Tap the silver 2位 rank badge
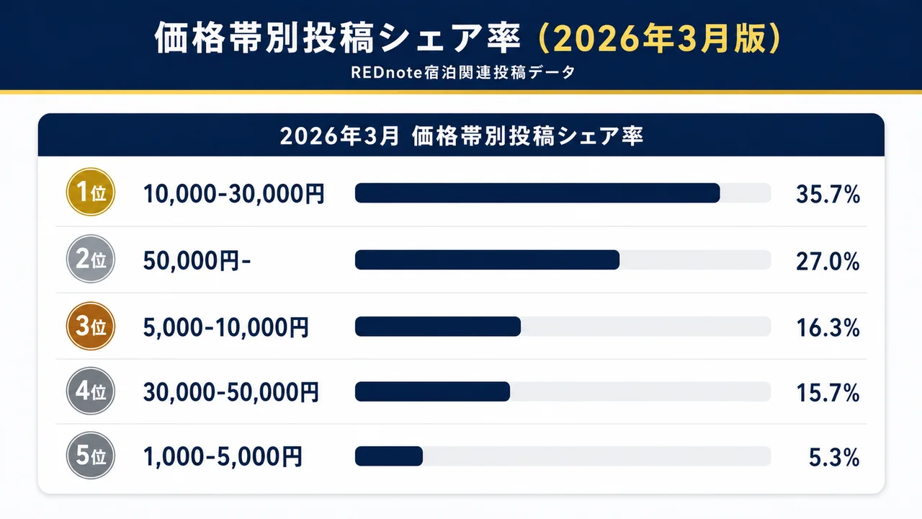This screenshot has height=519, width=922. point(91,259)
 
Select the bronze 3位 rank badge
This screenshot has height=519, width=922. point(91,327)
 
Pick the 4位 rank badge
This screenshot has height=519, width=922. point(91,392)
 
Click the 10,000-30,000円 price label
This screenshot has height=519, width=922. point(234,193)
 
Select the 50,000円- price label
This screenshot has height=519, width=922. point(197,260)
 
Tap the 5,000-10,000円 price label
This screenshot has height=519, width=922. point(226,327)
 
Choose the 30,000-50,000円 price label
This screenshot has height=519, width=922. point(230,393)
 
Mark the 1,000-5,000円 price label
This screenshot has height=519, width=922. point(223,456)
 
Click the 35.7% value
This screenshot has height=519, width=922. point(828,193)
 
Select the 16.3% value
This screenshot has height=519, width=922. point(828,327)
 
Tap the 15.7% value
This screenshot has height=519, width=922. point(828,393)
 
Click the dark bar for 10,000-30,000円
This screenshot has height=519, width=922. point(537,193)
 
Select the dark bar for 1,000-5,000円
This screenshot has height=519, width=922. point(388,456)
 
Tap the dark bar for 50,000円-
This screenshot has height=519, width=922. point(487,260)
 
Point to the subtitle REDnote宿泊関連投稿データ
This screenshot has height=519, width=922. point(460,73)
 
